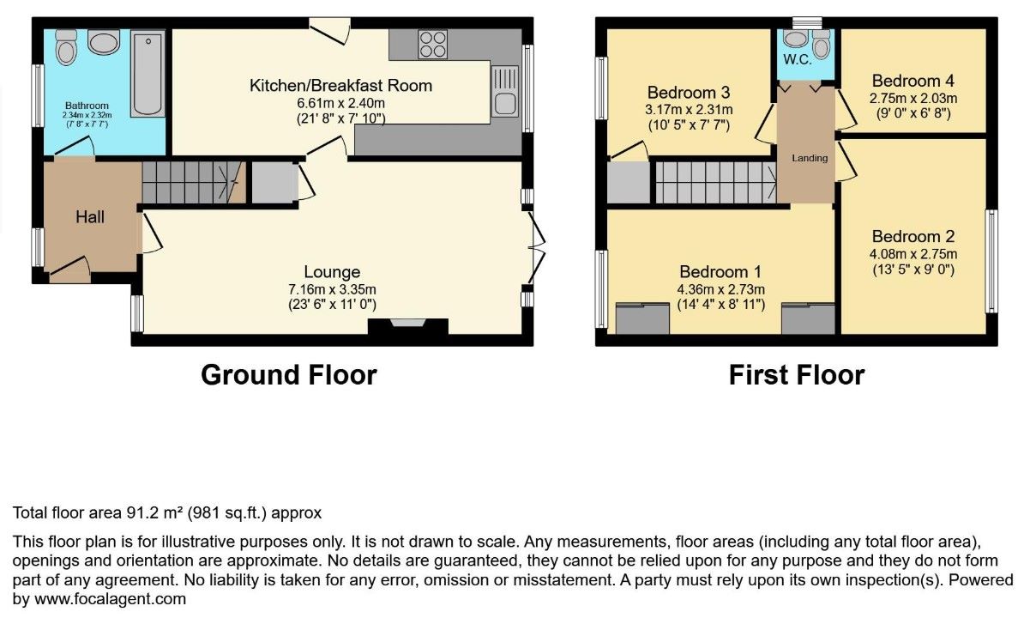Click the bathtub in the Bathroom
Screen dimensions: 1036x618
pyautogui.click(x=148, y=73)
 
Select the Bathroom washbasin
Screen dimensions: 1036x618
pyautogui.click(x=105, y=42)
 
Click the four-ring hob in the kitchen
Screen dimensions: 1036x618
pyautogui.click(x=433, y=44)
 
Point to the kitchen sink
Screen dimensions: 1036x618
pyautogui.click(x=504, y=91)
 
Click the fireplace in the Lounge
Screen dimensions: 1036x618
pyautogui.click(x=408, y=326)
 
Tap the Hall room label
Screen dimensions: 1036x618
pyautogui.click(x=90, y=216)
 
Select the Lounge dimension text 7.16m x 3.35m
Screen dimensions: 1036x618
pyautogui.click(x=332, y=290)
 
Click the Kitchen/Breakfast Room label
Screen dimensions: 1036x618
pyautogui.click(x=340, y=86)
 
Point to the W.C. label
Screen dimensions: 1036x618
pyautogui.click(x=798, y=60)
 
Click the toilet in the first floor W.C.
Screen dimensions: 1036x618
pyautogui.click(x=822, y=44)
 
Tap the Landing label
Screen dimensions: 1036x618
pyautogui.click(x=810, y=158)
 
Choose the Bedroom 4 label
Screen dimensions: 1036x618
pyautogui.click(x=913, y=81)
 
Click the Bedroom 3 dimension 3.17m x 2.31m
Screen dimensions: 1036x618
pyautogui.click(x=689, y=110)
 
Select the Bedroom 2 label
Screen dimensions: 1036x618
pyautogui.click(x=913, y=237)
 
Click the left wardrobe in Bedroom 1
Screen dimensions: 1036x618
pyautogui.click(x=642, y=318)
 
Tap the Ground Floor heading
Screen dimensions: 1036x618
pyautogui.click(x=289, y=375)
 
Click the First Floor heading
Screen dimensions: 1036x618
pyautogui.click(x=797, y=375)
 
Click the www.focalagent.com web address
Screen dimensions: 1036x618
pyautogui.click(x=110, y=599)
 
